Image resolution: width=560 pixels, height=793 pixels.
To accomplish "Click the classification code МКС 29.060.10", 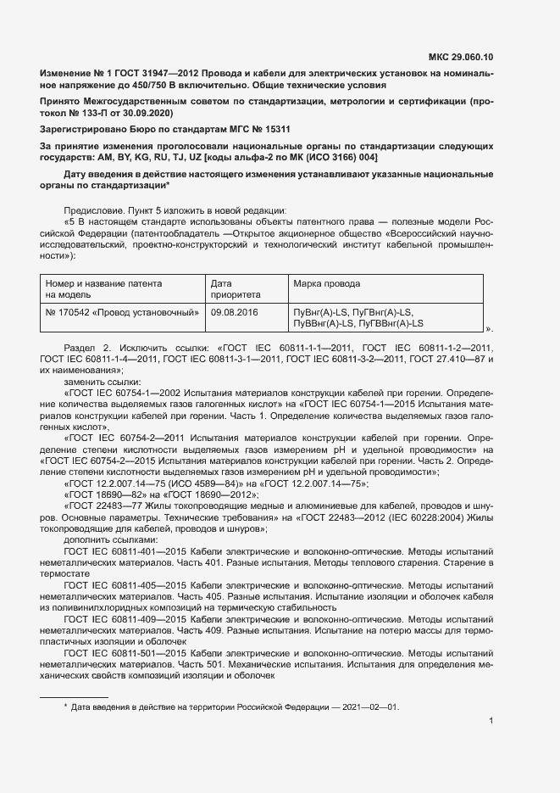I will (460, 57).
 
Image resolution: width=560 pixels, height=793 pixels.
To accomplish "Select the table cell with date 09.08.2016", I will (234, 312).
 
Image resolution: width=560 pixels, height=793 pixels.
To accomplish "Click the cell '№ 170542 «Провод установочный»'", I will (122, 312).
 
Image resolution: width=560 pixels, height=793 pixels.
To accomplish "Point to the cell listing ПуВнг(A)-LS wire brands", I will (358, 318).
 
